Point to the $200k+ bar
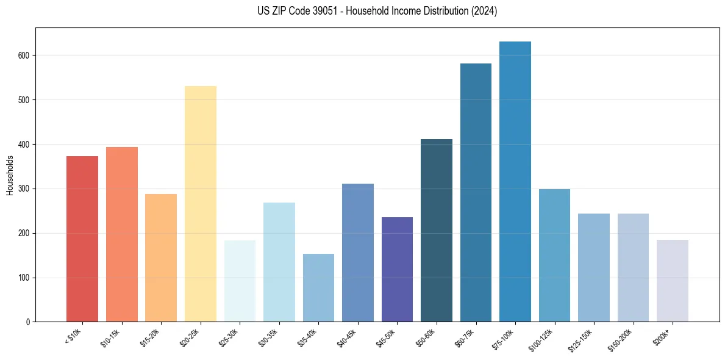(672, 281)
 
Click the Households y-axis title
(10, 175)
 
